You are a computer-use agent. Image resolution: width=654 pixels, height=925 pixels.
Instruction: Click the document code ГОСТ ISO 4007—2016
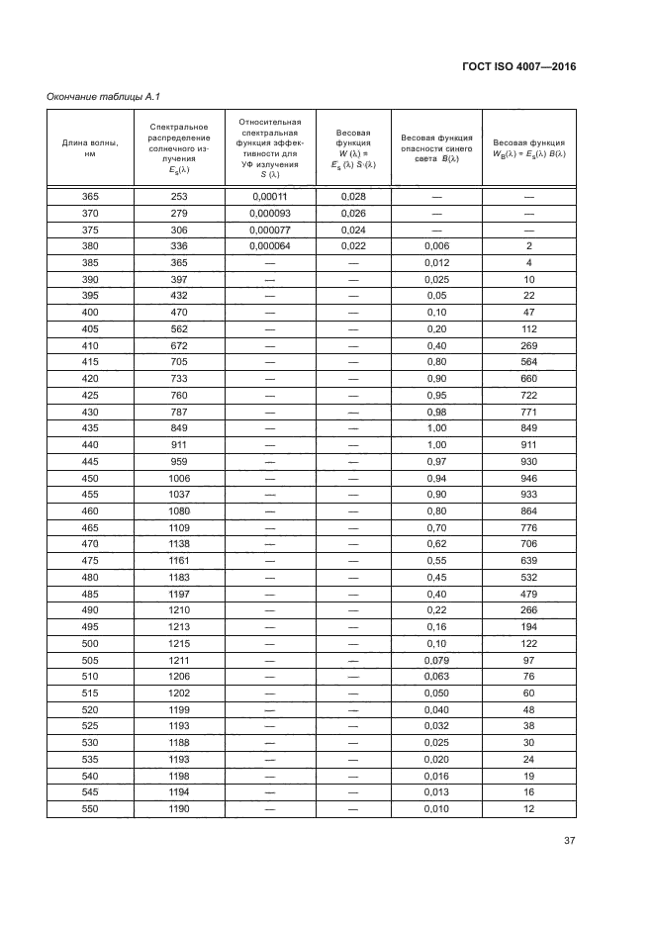[x=519, y=66]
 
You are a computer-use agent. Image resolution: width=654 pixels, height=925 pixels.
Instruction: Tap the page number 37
[x=569, y=841]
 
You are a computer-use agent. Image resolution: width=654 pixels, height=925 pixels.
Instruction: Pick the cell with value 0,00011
[x=270, y=197]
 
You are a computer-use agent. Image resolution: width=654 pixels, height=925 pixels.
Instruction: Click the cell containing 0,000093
[x=270, y=213]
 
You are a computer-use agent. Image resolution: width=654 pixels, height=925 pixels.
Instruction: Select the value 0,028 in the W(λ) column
[x=353, y=197]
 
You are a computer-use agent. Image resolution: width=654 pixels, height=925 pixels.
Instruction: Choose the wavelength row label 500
[x=90, y=644]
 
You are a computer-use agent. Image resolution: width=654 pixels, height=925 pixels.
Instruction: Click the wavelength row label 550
[x=90, y=809]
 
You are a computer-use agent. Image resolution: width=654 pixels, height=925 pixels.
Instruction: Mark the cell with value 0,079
[x=435, y=660]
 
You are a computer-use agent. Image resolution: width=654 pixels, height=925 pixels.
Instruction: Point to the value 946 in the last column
[x=529, y=478]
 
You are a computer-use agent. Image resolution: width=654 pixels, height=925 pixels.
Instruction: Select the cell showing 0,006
[x=435, y=245]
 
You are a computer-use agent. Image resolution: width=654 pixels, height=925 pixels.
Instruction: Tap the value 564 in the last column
[x=529, y=361]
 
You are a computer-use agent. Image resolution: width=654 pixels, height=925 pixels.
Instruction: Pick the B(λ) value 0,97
[x=435, y=461]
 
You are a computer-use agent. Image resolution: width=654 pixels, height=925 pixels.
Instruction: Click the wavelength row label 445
[x=90, y=461]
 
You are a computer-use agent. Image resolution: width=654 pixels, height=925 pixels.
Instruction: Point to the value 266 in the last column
[x=529, y=610]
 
